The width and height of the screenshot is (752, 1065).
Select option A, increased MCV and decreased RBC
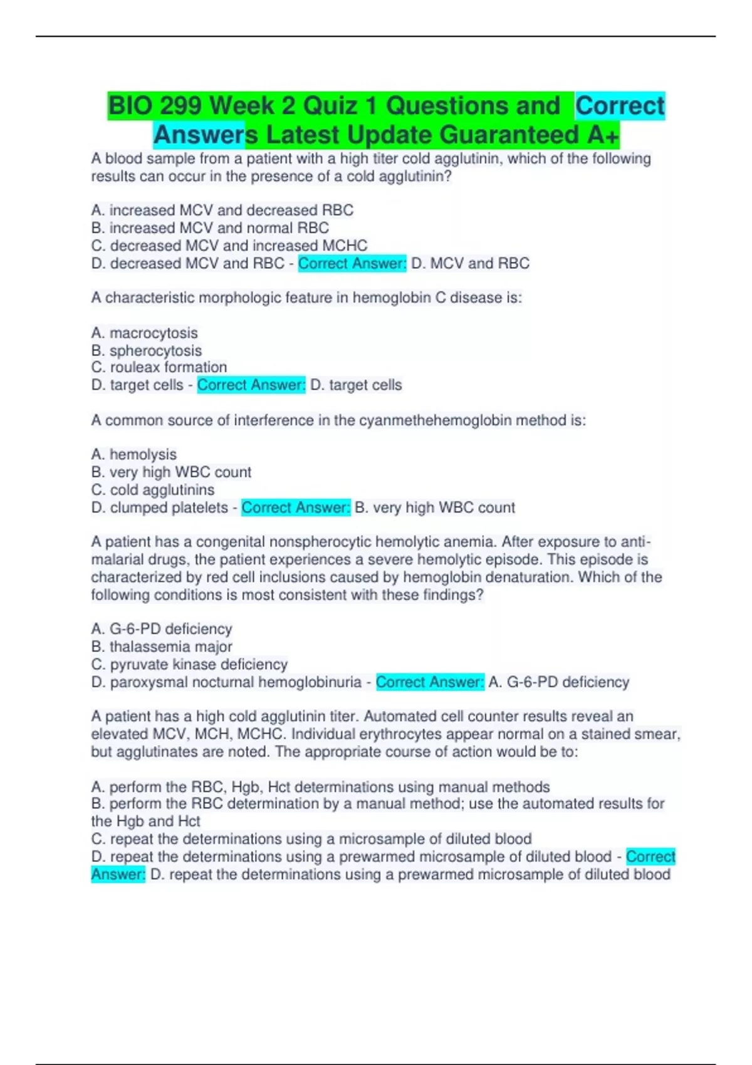(222, 210)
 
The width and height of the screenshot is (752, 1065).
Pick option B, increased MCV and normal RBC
(210, 227)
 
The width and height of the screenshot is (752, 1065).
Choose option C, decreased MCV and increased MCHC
(229, 245)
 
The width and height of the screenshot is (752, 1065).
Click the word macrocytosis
(154, 333)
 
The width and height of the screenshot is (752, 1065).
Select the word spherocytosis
(155, 350)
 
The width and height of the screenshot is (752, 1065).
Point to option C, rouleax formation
(159, 367)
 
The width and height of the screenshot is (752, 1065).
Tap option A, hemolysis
(134, 454)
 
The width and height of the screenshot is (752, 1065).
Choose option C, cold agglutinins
(153, 489)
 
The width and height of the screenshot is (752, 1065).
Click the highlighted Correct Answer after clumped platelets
(296, 507)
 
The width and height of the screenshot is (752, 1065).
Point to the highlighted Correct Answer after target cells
(251, 385)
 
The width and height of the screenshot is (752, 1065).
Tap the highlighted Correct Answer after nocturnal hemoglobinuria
(430, 682)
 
